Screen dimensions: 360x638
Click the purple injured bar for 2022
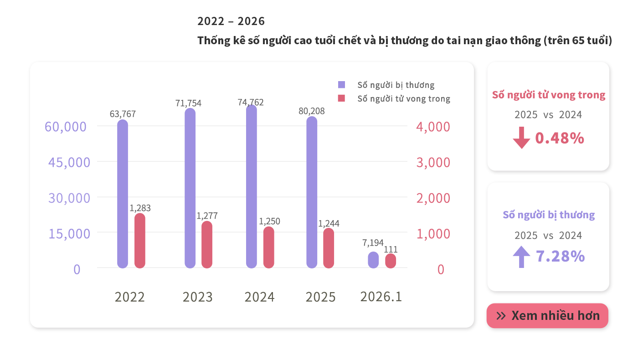[123, 194]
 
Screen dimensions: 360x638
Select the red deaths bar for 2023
[207, 244]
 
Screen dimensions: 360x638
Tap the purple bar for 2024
[251, 187]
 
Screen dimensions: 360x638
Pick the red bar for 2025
[329, 248]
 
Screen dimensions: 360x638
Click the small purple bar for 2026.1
[373, 260]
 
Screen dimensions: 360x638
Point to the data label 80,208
[312, 111]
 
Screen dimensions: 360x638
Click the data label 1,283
[140, 208]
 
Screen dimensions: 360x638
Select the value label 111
[391, 249]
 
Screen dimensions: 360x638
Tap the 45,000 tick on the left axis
[69, 162]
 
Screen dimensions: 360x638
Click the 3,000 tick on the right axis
[433, 162]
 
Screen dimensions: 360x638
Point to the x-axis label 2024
[259, 297]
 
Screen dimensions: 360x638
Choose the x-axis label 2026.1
[381, 297]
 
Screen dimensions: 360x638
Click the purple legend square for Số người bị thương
[341, 85]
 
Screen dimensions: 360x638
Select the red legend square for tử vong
[341, 98]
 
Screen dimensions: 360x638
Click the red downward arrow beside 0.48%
[521, 138]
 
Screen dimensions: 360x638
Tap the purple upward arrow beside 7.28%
[521, 257]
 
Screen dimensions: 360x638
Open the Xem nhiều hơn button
[547, 315]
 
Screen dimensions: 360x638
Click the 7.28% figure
[560, 257]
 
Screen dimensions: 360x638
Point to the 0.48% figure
[559, 138]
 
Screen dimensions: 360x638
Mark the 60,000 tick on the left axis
[66, 127]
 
